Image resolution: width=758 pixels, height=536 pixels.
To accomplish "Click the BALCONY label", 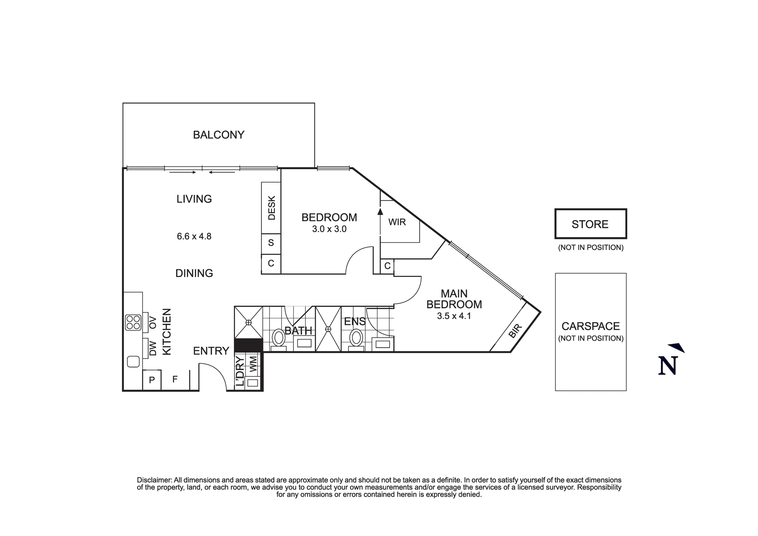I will tap(219, 135).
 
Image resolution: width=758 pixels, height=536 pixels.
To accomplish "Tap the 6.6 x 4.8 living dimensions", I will tap(194, 236).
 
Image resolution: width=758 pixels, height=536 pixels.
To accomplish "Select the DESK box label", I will tap(271, 208).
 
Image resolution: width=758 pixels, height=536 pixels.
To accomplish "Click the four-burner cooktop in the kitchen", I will tap(133, 322).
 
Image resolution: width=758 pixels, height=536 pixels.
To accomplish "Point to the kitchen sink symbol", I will tap(133, 362).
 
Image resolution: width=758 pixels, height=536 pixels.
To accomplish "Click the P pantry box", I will tap(152, 380).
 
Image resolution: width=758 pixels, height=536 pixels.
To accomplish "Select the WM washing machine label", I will tap(253, 364).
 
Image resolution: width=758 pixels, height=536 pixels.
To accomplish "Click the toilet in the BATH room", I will tap(279, 338).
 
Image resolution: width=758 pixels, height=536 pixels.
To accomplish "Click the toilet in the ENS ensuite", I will tap(356, 337).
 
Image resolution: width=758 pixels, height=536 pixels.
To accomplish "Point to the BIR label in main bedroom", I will tap(515, 331).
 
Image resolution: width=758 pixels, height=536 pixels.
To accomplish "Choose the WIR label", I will tap(397, 222).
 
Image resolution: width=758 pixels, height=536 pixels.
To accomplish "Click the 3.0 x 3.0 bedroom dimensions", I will tap(329, 229).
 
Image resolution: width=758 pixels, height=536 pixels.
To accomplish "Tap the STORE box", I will tap(590, 224).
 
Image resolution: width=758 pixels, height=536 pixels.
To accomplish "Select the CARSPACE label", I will tap(590, 326).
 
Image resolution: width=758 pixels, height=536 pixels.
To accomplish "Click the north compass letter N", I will tap(668, 366).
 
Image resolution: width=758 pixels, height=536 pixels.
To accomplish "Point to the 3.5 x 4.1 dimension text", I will tap(454, 316).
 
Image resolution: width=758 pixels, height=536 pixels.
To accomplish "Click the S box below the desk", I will tap(271, 243).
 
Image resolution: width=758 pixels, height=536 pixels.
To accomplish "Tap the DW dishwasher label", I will tap(153, 348).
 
